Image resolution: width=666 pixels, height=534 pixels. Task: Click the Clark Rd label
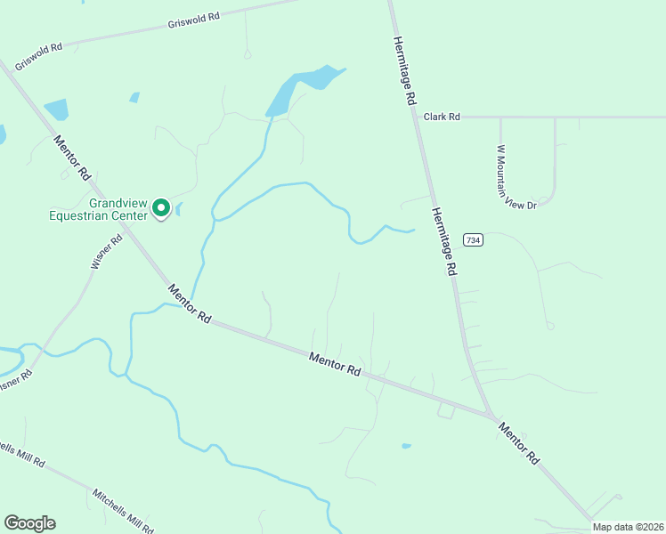coord(442,117)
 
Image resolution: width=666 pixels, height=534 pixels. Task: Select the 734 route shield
coord(473,240)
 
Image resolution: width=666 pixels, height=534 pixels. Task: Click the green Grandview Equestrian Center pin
coord(161,207)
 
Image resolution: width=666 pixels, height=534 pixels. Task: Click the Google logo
coord(29,523)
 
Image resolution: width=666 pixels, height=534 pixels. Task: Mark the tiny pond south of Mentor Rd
coord(407,445)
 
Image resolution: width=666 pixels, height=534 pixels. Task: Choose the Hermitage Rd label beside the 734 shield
coord(444,241)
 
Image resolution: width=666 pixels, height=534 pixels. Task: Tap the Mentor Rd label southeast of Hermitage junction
coord(519,442)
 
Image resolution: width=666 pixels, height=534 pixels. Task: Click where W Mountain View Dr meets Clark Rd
coord(500,117)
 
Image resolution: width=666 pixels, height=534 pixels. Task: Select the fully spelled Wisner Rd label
coord(106,252)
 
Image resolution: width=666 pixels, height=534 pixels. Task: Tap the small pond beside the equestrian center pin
coord(179,209)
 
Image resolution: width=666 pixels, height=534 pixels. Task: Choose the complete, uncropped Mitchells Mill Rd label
coord(123,509)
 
